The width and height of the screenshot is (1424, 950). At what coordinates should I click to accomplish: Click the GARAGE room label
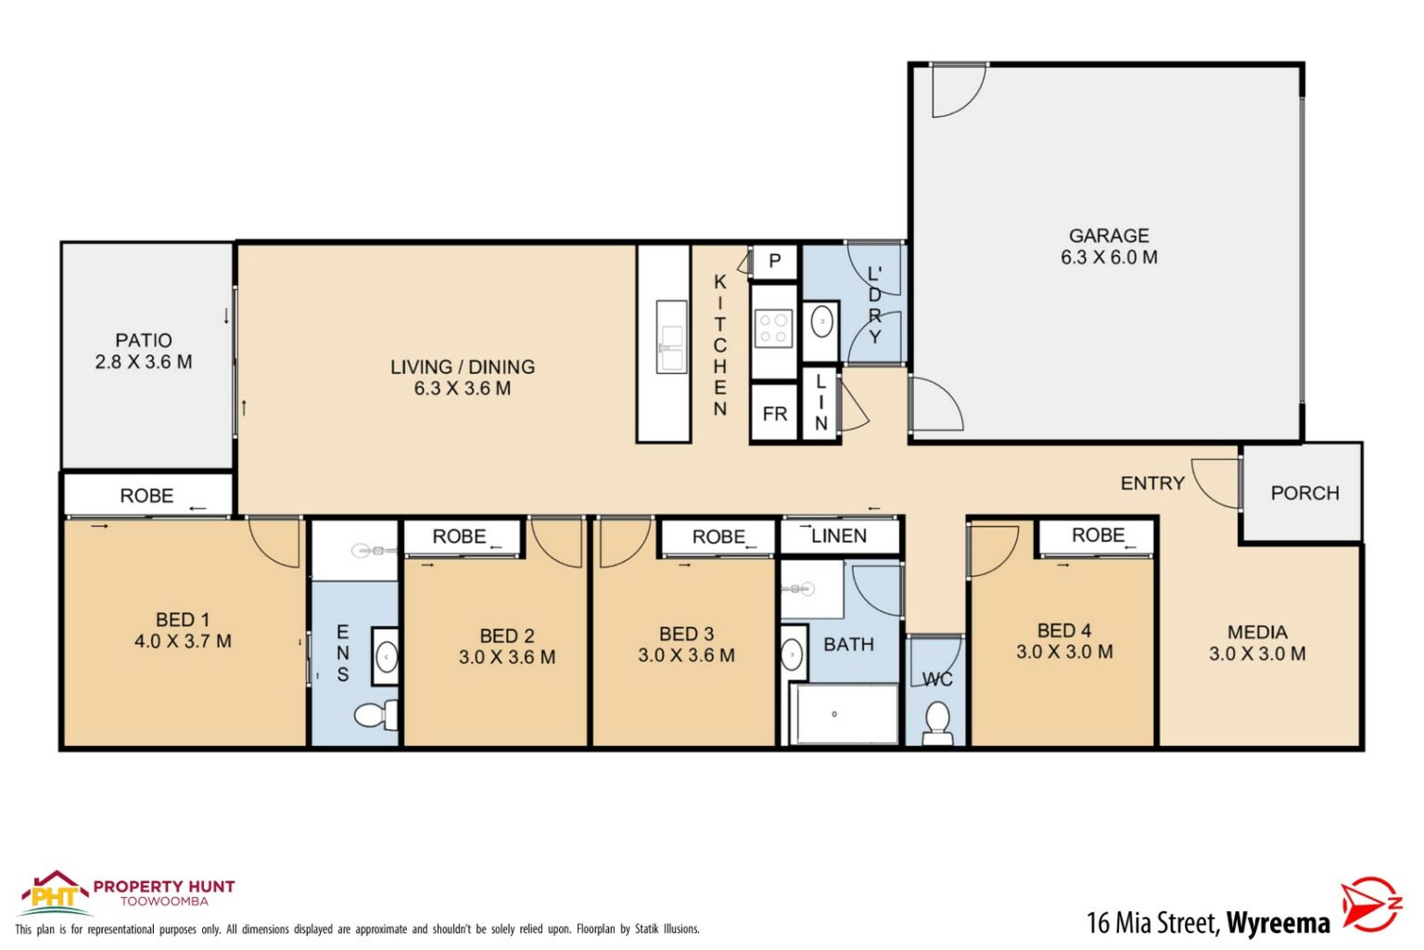[1108, 236]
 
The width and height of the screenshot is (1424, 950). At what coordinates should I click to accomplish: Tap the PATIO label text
[144, 340]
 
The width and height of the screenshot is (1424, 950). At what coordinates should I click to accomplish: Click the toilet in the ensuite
[375, 715]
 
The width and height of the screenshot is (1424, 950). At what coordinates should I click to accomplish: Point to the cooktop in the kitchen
[774, 328]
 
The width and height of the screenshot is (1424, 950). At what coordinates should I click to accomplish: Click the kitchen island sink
[671, 337]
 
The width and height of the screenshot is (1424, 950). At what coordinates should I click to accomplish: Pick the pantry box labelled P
[774, 262]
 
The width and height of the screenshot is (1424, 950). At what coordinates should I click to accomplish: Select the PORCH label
[1304, 494]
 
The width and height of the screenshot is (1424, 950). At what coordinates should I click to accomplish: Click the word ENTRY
[1152, 483]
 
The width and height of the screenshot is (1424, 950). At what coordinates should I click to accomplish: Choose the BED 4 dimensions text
[1064, 651]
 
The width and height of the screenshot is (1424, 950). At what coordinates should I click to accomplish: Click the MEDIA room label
[1257, 632]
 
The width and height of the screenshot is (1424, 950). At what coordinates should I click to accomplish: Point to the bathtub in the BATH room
[845, 714]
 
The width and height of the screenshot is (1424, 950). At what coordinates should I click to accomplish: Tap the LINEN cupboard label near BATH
[839, 536]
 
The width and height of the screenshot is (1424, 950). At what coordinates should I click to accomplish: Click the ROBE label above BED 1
[146, 495]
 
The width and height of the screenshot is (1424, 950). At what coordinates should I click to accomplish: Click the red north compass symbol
[1371, 905]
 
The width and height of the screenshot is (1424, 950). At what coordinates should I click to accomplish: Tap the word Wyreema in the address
[1278, 923]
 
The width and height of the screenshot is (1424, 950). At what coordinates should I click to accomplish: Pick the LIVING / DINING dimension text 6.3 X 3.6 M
[463, 388]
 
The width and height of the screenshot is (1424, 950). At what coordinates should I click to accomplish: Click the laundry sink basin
[822, 323]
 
